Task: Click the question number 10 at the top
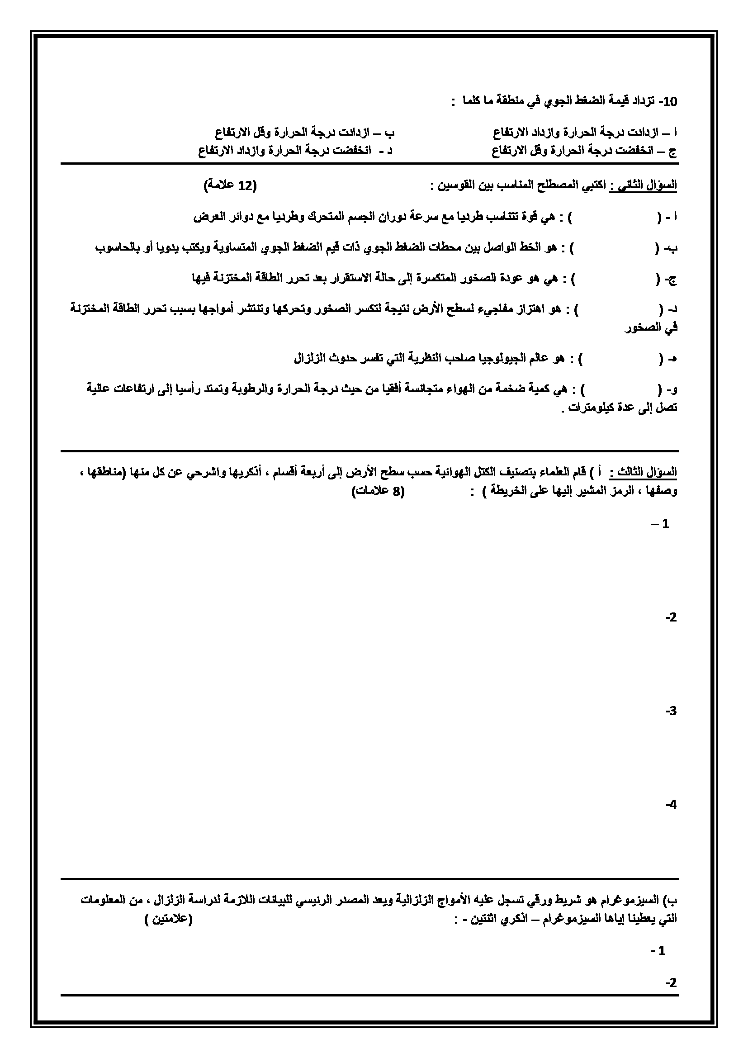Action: point(669,102)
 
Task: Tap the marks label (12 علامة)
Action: point(229,186)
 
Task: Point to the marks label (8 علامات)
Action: point(378,491)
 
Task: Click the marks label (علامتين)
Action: point(168,919)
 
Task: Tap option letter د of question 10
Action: point(389,151)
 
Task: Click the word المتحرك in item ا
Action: point(325,217)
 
